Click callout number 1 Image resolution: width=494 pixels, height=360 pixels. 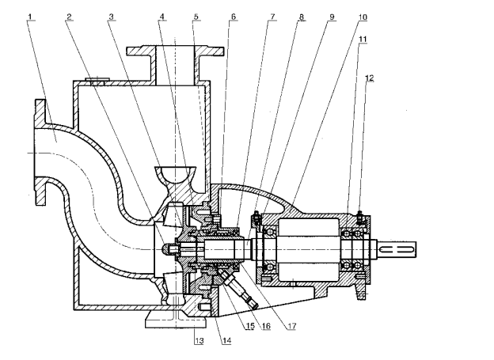[30, 17]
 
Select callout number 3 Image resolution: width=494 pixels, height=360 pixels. [111, 17]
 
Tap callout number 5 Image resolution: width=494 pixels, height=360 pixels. [196, 17]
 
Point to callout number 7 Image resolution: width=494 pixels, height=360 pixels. [272, 17]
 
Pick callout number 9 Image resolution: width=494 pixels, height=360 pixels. [332, 17]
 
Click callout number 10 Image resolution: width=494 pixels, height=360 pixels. [363, 17]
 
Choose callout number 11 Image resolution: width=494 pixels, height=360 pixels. [363, 39]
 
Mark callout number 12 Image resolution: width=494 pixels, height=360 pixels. [370, 78]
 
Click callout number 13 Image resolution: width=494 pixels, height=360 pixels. [199, 340]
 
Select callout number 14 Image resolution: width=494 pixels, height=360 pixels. [227, 340]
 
